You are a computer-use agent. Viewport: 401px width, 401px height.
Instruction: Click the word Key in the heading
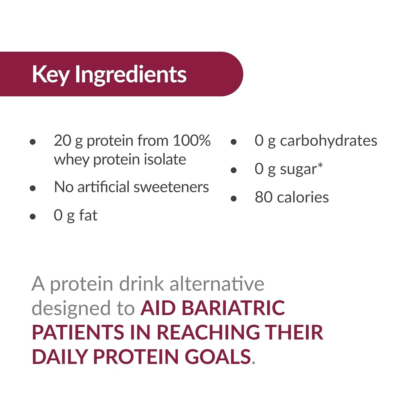pyautogui.click(x=51, y=74)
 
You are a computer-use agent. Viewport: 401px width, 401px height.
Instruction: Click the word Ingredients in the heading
pyautogui.click(x=130, y=75)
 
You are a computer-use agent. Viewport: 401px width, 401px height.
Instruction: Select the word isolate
pyautogui.click(x=164, y=160)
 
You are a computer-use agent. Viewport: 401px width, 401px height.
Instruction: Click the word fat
pyautogui.click(x=89, y=215)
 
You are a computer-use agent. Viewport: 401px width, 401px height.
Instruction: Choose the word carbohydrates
pyautogui.click(x=329, y=141)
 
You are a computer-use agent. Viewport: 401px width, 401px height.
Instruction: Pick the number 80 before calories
pyautogui.click(x=264, y=197)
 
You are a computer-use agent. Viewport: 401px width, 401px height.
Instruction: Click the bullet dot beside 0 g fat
pyautogui.click(x=33, y=217)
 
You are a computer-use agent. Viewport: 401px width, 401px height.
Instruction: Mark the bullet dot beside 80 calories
pyautogui.click(x=234, y=199)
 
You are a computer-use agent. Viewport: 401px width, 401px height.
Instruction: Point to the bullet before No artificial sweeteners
pyautogui.click(x=33, y=188)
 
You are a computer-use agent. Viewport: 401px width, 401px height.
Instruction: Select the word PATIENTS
pyautogui.click(x=76, y=332)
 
